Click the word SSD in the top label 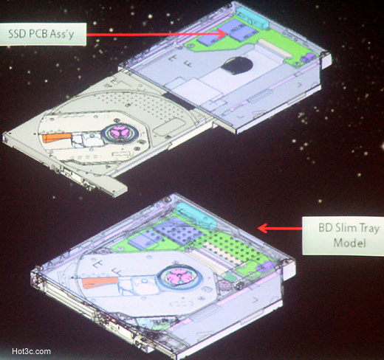click(x=17, y=34)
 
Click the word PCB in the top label click(x=38, y=34)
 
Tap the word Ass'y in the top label click(x=61, y=34)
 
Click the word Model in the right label click(x=349, y=243)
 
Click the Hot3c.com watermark click(x=32, y=351)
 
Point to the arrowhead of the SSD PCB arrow click(x=222, y=34)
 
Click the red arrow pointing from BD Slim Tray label click(x=280, y=228)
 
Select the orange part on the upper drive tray click(x=57, y=137)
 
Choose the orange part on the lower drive click(x=100, y=282)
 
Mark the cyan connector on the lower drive click(x=196, y=215)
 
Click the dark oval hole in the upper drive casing click(x=237, y=66)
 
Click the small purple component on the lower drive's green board click(x=265, y=266)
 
